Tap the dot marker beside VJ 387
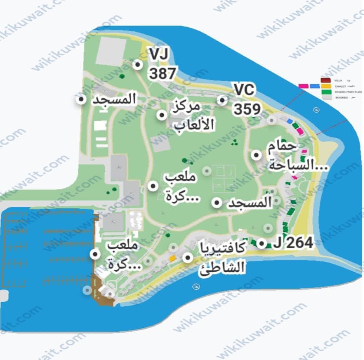[138, 65]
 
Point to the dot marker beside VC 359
[222, 100]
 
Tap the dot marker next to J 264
[261, 243]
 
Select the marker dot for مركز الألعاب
[162, 115]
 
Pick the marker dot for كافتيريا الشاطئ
[188, 257]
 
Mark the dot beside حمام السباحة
[257, 155]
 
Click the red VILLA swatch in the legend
[325, 80]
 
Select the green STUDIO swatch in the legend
[325, 92]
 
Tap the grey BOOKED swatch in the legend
[325, 98]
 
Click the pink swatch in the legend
[304, 86]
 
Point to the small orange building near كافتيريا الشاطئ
[172, 259]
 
